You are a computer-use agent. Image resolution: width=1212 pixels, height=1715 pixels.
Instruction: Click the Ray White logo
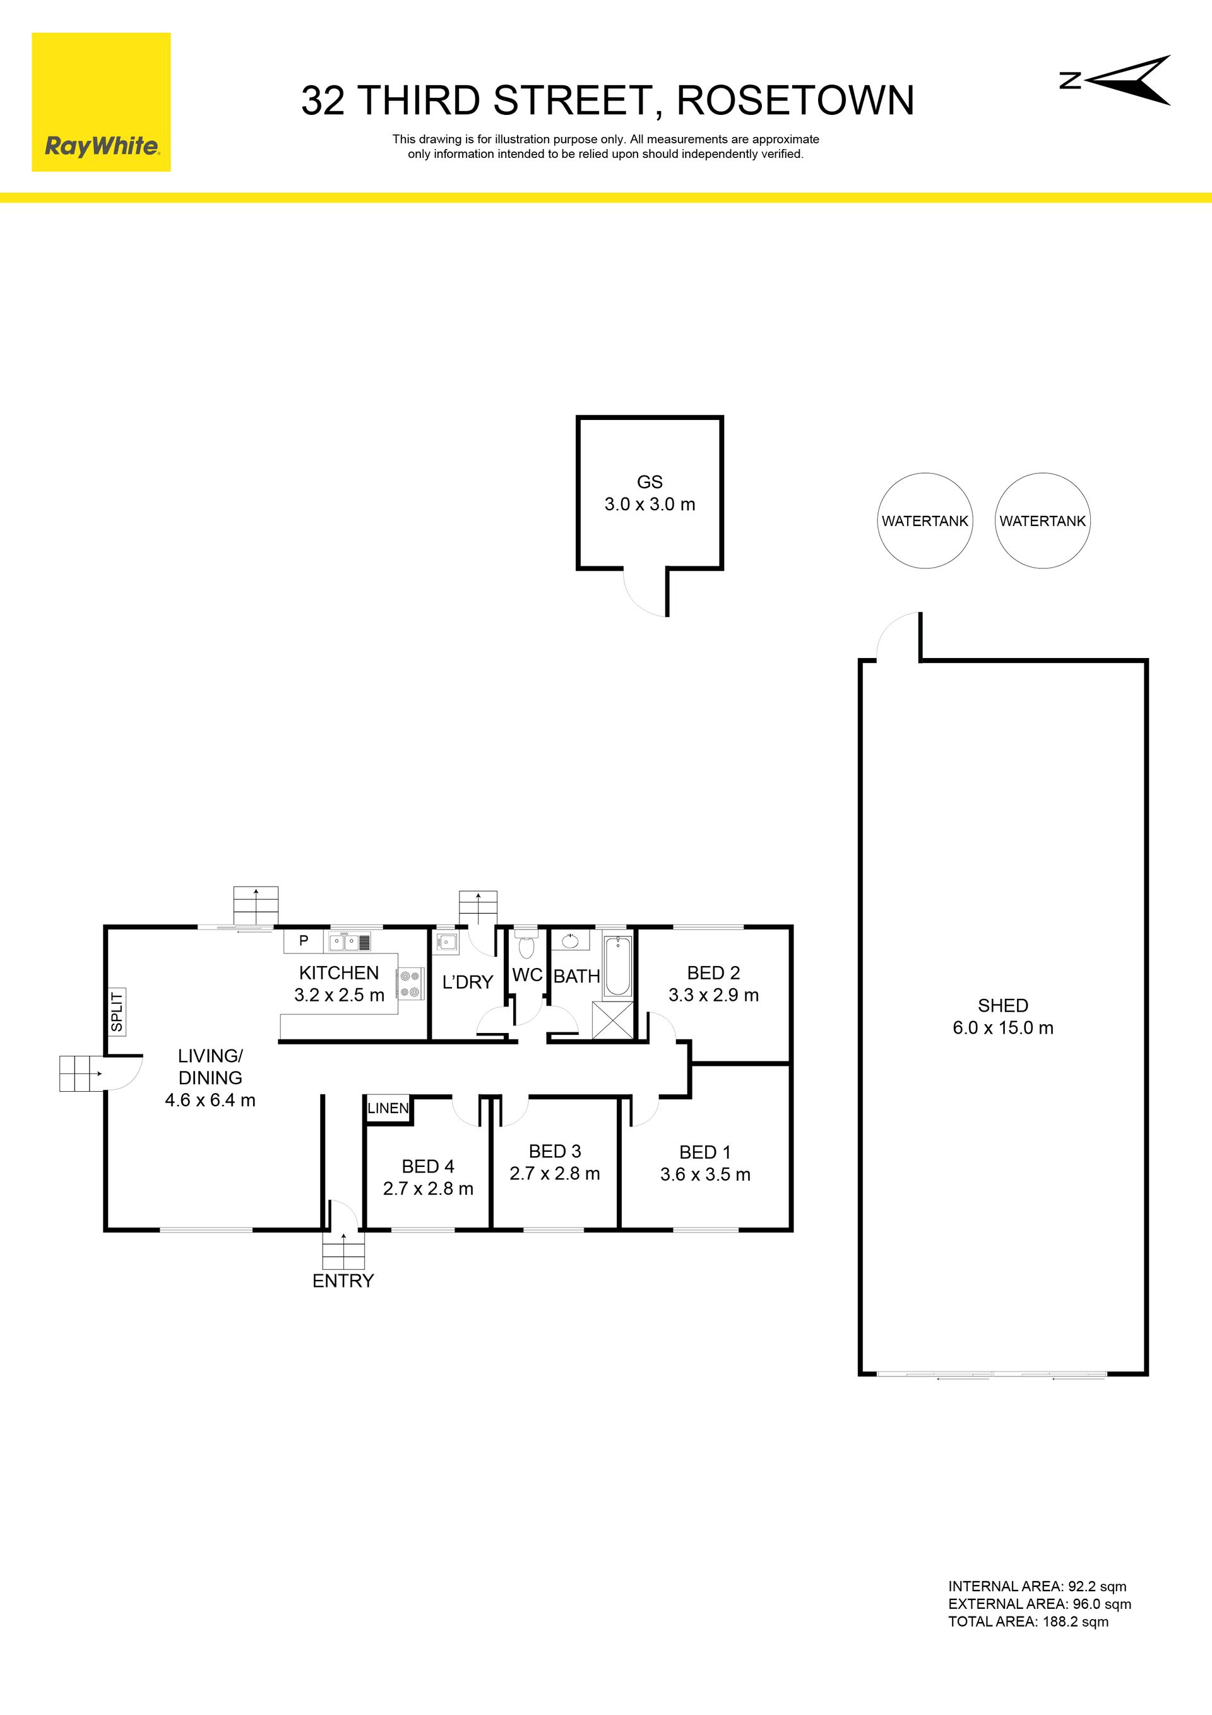[101, 102]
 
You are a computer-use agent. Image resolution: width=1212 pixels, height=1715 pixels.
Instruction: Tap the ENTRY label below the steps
[343, 1281]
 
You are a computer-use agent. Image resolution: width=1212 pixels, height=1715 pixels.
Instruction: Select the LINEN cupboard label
[388, 1108]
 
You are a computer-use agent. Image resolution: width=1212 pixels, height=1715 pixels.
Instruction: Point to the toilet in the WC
[526, 945]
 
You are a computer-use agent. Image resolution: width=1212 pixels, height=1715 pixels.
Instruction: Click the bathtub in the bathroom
[617, 966]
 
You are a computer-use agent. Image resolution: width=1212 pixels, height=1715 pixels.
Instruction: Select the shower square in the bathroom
[612, 1020]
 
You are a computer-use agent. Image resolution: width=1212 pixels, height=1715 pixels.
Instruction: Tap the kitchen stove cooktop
[409, 983]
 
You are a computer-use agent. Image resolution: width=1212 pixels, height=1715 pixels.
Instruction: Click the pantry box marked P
[303, 940]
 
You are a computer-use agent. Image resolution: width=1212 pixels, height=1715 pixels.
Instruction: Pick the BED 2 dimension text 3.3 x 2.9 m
[713, 995]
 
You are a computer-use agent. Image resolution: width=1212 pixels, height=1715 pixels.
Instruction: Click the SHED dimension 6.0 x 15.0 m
[1003, 1028]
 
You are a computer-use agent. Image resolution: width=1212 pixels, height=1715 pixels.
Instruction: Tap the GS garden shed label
[650, 482]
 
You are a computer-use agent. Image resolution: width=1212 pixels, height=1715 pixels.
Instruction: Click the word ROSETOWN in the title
[795, 101]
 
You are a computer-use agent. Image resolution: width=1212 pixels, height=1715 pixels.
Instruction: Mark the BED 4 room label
[428, 1166]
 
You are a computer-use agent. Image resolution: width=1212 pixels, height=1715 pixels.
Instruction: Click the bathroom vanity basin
[571, 940]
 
